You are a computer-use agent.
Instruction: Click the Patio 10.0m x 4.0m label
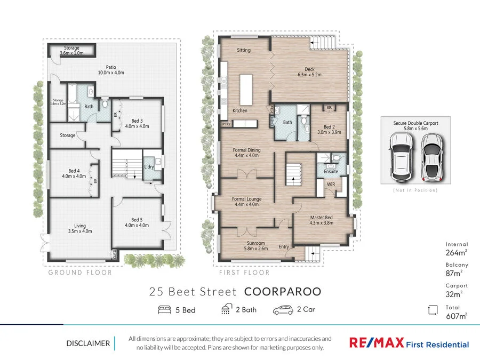tap(111, 70)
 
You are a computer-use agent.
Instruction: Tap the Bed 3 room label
tap(137, 124)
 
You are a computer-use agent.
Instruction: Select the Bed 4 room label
tap(74, 173)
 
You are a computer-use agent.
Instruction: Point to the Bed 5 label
tap(137, 222)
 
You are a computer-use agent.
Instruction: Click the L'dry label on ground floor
tap(149, 167)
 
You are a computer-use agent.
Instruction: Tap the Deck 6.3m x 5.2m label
tap(309, 71)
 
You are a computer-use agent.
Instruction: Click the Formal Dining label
tap(246, 153)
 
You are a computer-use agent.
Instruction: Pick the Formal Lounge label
tap(245, 202)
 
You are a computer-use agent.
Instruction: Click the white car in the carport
tap(399, 156)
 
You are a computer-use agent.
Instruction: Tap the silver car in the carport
tap(431, 156)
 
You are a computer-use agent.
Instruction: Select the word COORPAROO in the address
tap(282, 292)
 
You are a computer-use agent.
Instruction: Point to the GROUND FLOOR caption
tap(80, 273)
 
